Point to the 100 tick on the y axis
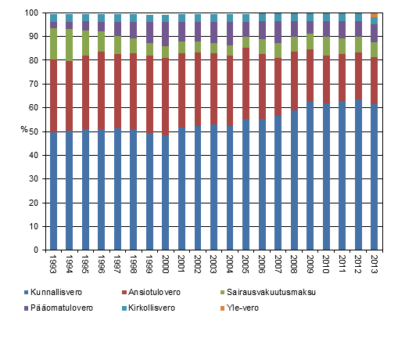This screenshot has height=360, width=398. (36, 13)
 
